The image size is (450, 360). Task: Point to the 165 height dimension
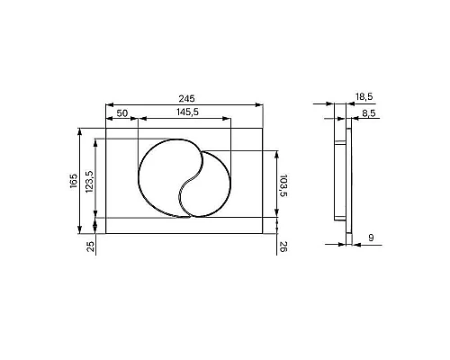point(74,180)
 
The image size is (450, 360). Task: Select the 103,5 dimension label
point(283,184)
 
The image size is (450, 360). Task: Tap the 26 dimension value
point(283,247)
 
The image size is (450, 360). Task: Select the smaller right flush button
point(212,184)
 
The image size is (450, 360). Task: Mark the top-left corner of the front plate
point(105,129)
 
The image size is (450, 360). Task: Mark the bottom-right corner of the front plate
point(263,234)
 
